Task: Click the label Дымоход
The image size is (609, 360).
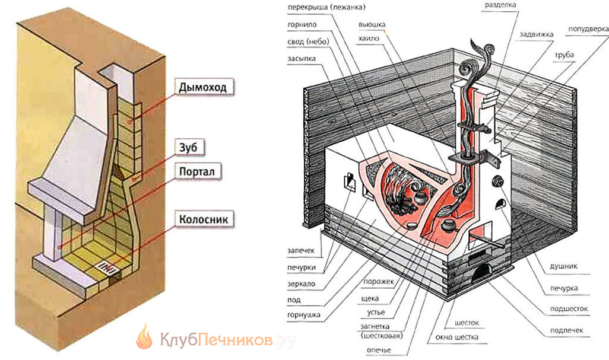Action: (203, 87)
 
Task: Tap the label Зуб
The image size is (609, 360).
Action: (188, 148)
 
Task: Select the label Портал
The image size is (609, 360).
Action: (197, 171)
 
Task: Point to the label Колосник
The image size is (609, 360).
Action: (204, 219)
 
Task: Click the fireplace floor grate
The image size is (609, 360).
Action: (105, 266)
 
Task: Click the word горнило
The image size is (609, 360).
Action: (302, 25)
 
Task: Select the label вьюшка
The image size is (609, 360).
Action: (372, 25)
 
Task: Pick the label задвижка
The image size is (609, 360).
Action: (537, 34)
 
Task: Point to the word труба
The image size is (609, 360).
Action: (564, 55)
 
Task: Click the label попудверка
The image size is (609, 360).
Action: (588, 30)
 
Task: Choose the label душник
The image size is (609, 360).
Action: (563, 266)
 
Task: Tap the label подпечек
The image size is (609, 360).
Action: (567, 330)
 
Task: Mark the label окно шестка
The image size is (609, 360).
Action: (457, 337)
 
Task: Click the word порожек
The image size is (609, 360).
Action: (379, 282)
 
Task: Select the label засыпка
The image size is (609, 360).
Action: (302, 59)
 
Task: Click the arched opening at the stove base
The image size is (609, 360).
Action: (481, 273)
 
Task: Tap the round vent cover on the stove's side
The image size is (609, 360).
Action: (498, 180)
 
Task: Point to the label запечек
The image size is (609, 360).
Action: (301, 251)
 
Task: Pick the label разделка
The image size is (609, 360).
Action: (500, 5)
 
